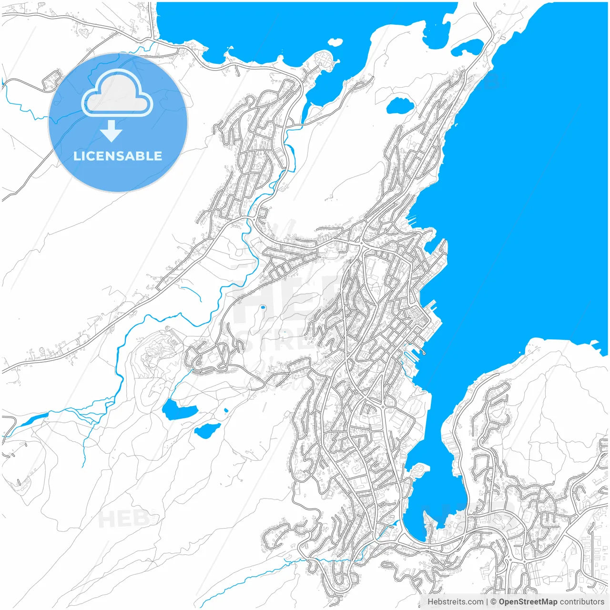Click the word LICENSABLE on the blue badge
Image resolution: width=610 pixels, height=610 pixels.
click(118, 156)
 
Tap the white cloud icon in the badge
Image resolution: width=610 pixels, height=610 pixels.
click(117, 94)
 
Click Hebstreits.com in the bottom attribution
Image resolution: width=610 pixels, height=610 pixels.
click(455, 602)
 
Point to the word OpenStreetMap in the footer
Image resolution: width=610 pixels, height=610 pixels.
click(528, 602)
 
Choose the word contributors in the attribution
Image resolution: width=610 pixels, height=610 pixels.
click(581, 602)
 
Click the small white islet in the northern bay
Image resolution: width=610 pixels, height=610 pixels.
click(335, 42)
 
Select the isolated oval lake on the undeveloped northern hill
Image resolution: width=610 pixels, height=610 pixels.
click(399, 105)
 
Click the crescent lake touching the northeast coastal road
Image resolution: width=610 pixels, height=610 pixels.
click(467, 47)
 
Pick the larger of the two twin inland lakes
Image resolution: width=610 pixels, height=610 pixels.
click(179, 410)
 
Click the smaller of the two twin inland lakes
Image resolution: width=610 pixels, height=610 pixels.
click(207, 430)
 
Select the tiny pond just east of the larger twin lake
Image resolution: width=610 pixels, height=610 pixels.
click(225, 409)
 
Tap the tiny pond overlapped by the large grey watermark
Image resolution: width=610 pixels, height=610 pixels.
click(262, 307)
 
